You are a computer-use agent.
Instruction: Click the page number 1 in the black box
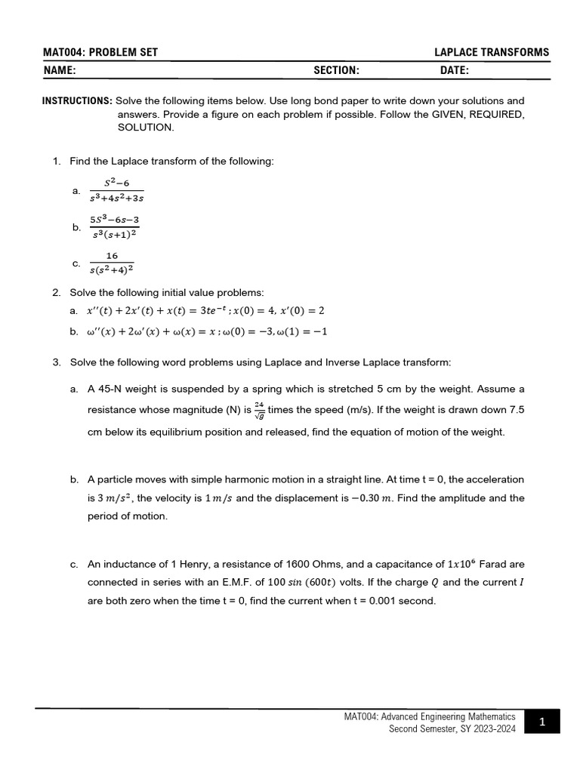pyautogui.click(x=541, y=722)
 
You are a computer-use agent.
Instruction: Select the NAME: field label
pyautogui.click(x=60, y=70)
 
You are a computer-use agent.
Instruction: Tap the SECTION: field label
pyautogui.click(x=336, y=70)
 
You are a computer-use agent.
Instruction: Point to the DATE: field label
pyautogui.click(x=454, y=70)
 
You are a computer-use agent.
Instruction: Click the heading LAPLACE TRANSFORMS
pyautogui.click(x=492, y=52)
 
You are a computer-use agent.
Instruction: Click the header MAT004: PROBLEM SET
pyautogui.click(x=100, y=52)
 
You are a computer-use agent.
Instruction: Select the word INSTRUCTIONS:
pyautogui.click(x=77, y=100)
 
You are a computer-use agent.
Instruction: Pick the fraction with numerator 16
pyautogui.click(x=112, y=263)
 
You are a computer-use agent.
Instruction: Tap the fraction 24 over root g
pyautogui.click(x=259, y=411)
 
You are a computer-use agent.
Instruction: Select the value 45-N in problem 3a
pyautogui.click(x=111, y=389)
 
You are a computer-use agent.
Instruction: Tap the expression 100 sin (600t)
pyautogui.click(x=322, y=582)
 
